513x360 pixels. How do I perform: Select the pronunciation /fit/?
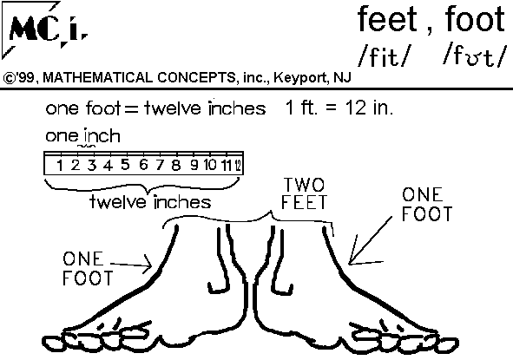(383, 56)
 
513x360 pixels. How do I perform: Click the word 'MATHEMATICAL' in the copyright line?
(97, 77)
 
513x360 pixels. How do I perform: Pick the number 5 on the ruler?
(125, 165)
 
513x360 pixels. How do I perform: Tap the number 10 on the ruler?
(210, 165)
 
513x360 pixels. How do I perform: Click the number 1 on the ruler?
(60, 166)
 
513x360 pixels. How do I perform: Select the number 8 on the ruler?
(176, 165)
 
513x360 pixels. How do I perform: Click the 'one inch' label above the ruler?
(82, 135)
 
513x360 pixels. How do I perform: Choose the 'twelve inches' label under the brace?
(150, 202)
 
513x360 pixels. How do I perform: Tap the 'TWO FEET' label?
(304, 193)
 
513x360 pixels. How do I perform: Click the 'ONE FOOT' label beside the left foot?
(88, 268)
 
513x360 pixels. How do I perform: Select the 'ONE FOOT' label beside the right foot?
(427, 205)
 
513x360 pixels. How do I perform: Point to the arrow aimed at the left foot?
(131, 265)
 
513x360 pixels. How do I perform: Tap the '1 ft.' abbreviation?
(301, 108)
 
